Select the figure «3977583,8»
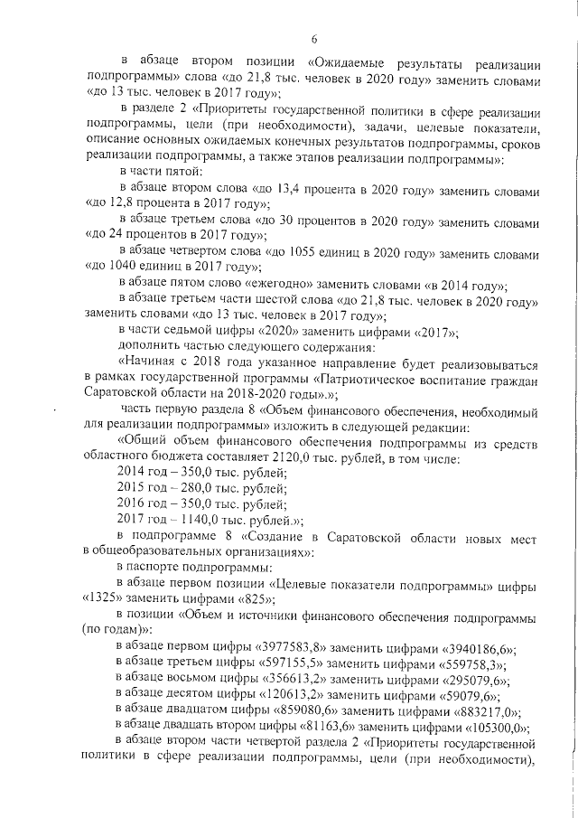pyautogui.click(x=289, y=647)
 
